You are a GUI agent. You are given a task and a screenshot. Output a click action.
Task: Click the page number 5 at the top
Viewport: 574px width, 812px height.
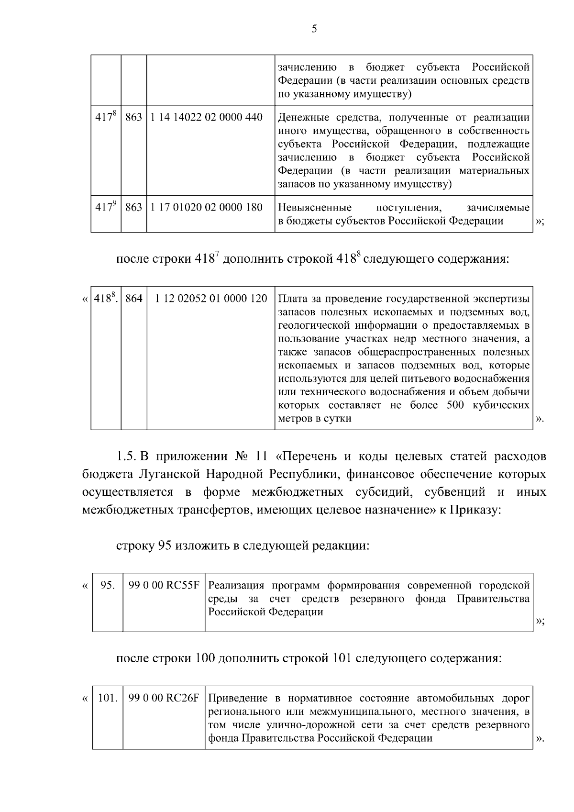(314, 29)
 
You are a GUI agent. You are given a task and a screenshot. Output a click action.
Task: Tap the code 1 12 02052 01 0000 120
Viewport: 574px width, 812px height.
(211, 299)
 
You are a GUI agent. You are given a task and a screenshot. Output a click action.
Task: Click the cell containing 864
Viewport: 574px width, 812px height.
(134, 299)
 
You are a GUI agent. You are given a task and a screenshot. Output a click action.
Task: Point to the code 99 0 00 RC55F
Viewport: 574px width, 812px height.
(164, 585)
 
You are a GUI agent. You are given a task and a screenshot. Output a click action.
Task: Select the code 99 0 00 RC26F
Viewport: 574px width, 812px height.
(164, 698)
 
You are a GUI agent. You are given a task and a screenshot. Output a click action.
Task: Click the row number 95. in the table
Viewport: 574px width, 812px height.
(108, 585)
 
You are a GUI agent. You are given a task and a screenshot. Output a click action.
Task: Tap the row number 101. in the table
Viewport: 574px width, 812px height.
(108, 698)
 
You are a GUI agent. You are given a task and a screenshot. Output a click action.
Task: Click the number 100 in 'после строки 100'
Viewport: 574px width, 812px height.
(205, 658)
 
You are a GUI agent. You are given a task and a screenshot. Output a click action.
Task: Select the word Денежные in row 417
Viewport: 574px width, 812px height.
(299, 117)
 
